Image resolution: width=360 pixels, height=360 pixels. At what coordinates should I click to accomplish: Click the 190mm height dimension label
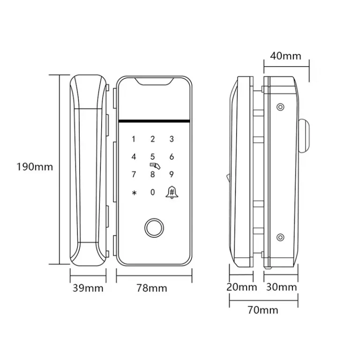pyautogui.click(x=35, y=167)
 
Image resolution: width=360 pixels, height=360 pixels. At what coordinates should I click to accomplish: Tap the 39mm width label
pyautogui.click(x=88, y=288)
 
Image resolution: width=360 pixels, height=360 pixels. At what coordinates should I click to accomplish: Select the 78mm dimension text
pyautogui.click(x=152, y=288)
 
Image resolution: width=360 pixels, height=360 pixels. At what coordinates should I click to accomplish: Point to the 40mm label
pyautogui.click(x=285, y=56)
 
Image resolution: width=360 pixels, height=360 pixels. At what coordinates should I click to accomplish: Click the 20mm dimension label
pyautogui.click(x=241, y=287)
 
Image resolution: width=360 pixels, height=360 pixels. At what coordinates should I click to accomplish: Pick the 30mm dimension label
pyautogui.click(x=281, y=287)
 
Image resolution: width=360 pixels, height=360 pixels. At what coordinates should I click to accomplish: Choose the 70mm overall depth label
pyautogui.click(x=263, y=310)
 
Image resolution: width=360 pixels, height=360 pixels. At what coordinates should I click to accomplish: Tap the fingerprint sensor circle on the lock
pyautogui.click(x=154, y=228)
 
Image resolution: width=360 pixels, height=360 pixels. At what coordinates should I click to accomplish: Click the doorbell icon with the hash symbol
pyautogui.click(x=172, y=192)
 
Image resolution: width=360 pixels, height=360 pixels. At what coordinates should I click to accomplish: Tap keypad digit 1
pyautogui.click(x=134, y=139)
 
